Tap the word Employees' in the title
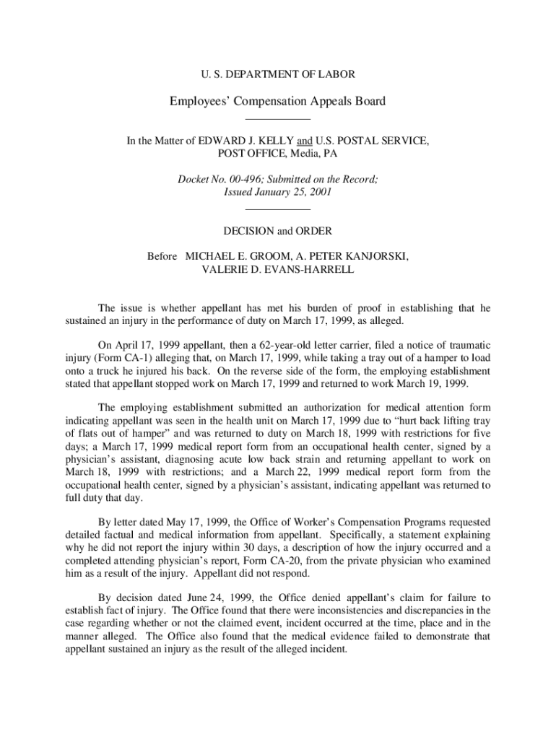click(201, 101)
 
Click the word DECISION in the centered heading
click(248, 232)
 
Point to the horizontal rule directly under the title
click(278, 118)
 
